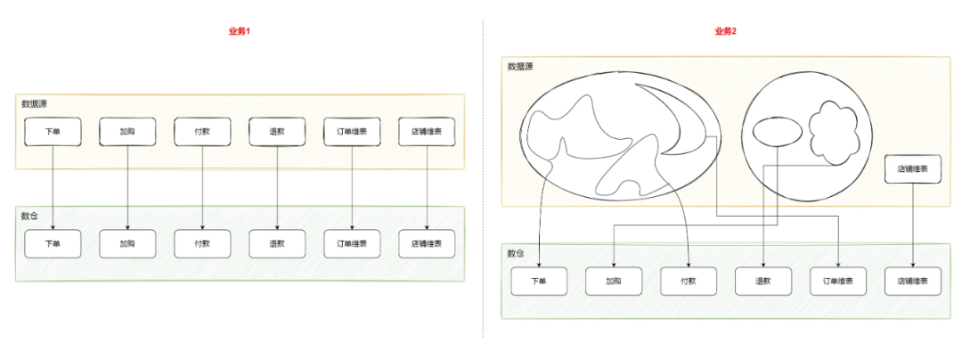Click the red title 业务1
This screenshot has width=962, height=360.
click(x=240, y=31)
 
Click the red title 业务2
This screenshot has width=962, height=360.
click(x=725, y=31)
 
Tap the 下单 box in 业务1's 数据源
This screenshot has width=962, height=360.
click(x=53, y=132)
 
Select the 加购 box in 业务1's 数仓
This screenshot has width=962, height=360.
click(x=127, y=244)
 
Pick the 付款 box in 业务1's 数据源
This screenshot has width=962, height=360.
click(x=202, y=132)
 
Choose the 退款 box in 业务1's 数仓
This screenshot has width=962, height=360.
click(x=277, y=244)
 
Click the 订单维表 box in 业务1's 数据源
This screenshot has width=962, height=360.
click(x=352, y=132)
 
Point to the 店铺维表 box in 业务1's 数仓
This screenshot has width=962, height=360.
click(x=427, y=244)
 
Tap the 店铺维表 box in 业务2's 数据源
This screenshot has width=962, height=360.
click(x=913, y=169)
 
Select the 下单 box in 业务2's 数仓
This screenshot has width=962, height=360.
click(x=539, y=282)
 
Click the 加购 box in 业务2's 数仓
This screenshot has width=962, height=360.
click(x=614, y=282)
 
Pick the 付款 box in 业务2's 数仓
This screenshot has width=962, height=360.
click(x=689, y=282)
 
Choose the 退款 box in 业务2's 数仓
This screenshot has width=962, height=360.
click(x=763, y=282)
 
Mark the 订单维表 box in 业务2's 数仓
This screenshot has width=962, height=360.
click(x=838, y=282)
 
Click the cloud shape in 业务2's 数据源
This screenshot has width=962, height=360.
click(x=835, y=133)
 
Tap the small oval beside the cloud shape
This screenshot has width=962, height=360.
click(x=772, y=131)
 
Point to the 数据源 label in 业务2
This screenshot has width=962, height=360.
click(x=520, y=67)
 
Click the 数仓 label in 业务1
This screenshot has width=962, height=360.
click(x=30, y=217)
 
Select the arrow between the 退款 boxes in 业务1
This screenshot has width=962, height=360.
click(x=277, y=187)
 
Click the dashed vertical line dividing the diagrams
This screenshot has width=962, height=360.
click(x=484, y=178)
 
